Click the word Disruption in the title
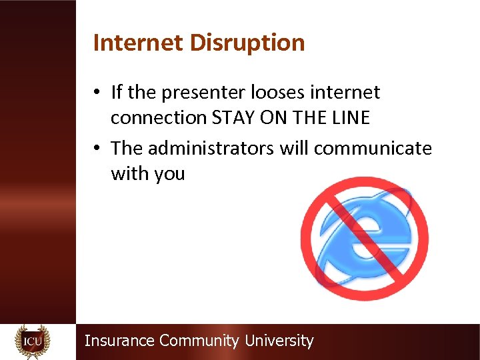click(x=247, y=43)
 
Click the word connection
click(x=159, y=118)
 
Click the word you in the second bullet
click(x=169, y=175)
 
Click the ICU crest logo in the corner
click(x=32, y=341)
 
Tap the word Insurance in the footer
click(x=119, y=341)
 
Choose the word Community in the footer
click(x=199, y=341)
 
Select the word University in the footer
click(x=279, y=341)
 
